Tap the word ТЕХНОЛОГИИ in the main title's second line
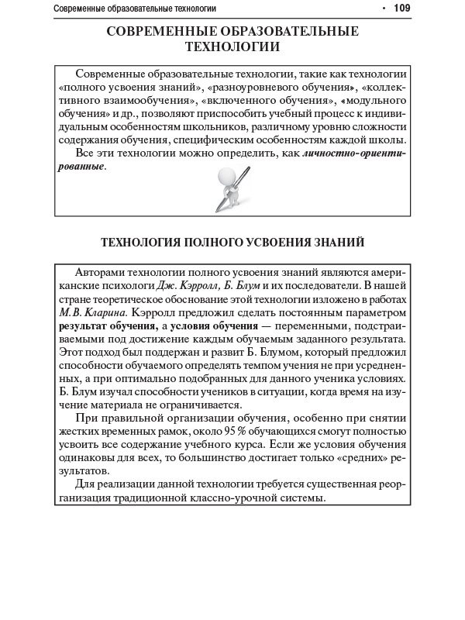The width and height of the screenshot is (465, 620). point(232,46)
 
